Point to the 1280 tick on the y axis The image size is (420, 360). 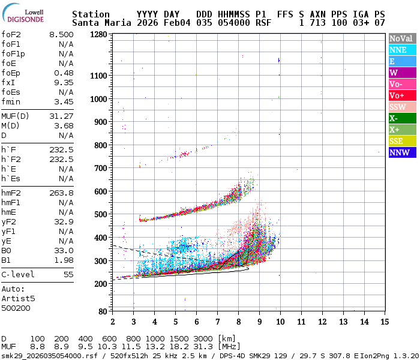click(x=98, y=34)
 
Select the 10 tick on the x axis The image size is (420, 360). click(x=280, y=322)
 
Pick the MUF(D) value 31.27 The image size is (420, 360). click(x=62, y=116)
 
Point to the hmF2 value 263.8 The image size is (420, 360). click(x=62, y=193)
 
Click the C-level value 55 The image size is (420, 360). click(x=68, y=274)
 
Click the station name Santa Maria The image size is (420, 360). click(x=99, y=23)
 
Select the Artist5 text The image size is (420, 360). click(x=18, y=298)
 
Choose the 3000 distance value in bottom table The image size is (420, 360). click(x=204, y=338)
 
